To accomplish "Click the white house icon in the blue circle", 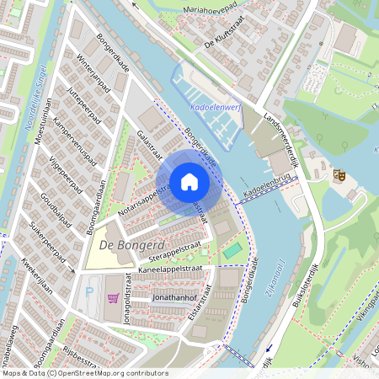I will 189,182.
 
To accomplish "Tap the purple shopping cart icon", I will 113,298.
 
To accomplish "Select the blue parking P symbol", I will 90,291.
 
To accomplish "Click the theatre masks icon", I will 340,174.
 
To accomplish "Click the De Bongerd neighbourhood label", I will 119,244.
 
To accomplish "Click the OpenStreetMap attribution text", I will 85,373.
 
